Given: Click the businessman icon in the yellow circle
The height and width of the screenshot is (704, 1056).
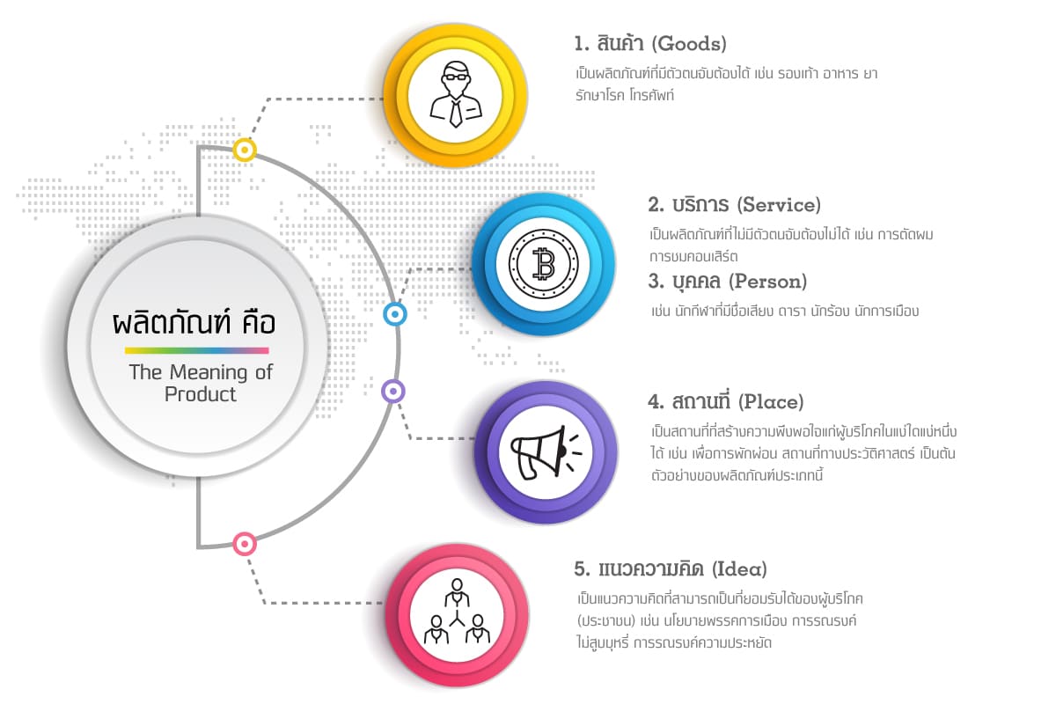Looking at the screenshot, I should click(x=456, y=95).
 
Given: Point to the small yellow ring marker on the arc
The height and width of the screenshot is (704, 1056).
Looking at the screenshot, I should click(x=245, y=150).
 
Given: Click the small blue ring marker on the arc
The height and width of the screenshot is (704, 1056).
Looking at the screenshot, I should click(x=396, y=314).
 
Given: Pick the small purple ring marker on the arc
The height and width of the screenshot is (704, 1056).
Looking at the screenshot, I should click(x=393, y=392).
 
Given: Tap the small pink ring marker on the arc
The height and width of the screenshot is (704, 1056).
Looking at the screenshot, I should click(x=245, y=544).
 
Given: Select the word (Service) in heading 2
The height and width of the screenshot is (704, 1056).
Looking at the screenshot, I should click(x=778, y=205).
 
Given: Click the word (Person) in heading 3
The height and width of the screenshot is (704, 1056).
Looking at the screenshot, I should click(x=769, y=282).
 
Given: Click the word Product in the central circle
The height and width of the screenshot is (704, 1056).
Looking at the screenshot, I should click(x=201, y=394).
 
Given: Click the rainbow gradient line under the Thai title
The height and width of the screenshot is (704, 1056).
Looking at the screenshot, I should click(x=196, y=350).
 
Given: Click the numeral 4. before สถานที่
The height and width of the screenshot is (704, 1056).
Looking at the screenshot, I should click(x=656, y=402).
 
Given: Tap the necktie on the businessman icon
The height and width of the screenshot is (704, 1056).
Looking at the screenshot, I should click(x=456, y=112).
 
